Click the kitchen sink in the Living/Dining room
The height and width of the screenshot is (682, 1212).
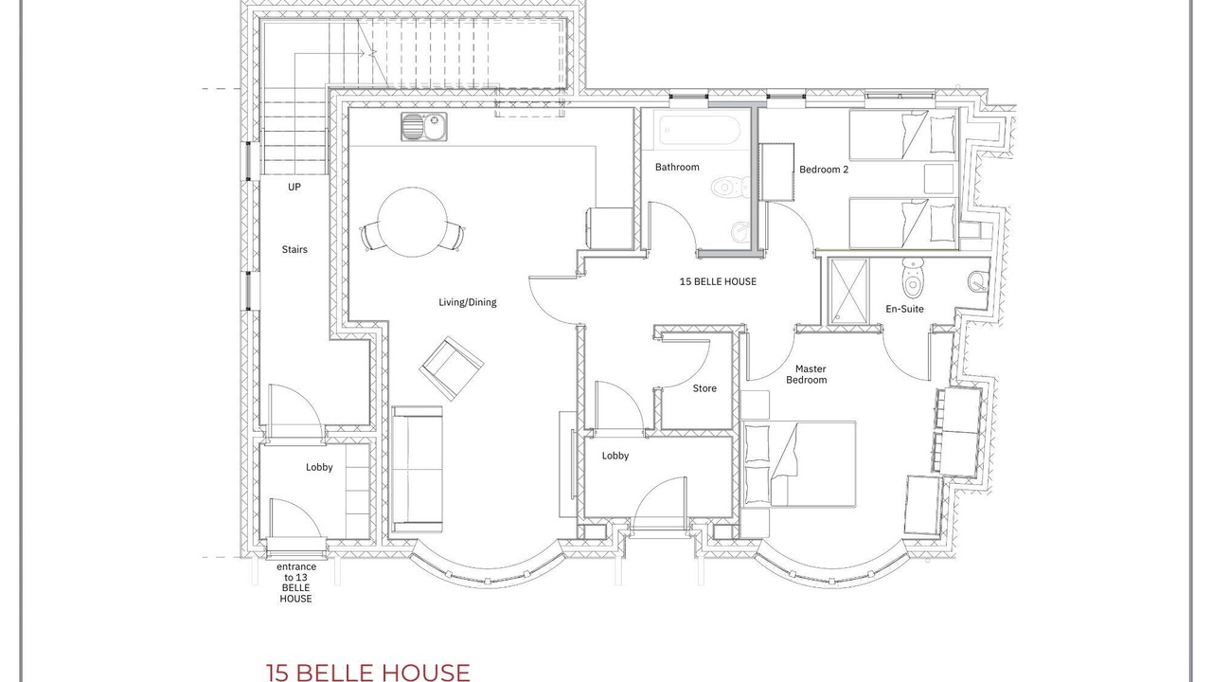pyautogui.click(x=424, y=127)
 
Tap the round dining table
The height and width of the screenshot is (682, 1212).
pyautogui.click(x=412, y=222)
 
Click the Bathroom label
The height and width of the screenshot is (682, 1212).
pyautogui.click(x=677, y=168)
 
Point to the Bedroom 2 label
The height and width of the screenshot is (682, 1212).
pyautogui.click(x=824, y=170)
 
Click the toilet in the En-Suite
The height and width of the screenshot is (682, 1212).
pyautogui.click(x=913, y=278)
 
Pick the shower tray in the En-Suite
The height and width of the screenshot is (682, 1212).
pyautogui.click(x=848, y=291)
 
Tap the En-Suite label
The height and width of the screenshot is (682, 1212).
pyautogui.click(x=904, y=309)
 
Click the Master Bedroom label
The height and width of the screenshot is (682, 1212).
pyautogui.click(x=807, y=374)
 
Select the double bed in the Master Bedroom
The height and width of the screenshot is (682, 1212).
pyautogui.click(x=799, y=464)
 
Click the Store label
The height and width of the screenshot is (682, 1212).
pyautogui.click(x=704, y=388)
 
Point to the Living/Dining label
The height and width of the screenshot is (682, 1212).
pyautogui.click(x=468, y=302)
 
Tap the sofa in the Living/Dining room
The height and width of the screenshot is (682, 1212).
pyautogui.click(x=418, y=469)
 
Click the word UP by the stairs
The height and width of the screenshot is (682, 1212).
pyautogui.click(x=294, y=188)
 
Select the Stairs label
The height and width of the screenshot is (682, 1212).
pyautogui.click(x=294, y=249)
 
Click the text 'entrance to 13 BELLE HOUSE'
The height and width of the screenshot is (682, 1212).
pyautogui.click(x=296, y=583)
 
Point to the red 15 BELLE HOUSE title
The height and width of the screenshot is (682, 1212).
pyautogui.click(x=368, y=673)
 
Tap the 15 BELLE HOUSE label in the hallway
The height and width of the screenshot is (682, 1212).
pyautogui.click(x=718, y=282)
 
